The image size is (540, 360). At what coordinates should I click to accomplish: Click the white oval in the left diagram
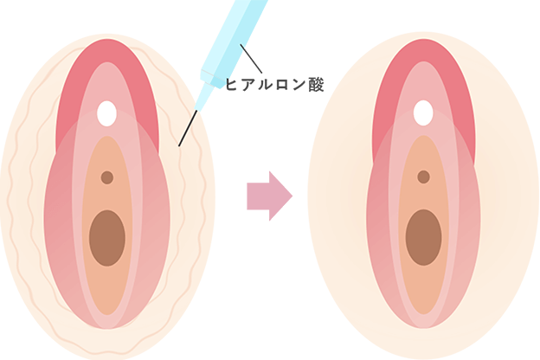pos(107,112)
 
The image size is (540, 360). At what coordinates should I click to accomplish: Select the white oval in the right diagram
pos(423,112)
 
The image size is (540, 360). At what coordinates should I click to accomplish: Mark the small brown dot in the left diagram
pos(107,177)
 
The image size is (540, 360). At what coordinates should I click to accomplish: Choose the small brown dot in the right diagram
pos(423,177)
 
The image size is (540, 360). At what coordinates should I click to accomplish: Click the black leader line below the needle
pos(184,131)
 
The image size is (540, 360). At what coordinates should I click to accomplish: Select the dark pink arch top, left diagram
pos(107,54)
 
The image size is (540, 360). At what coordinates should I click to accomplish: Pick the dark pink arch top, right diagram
pos(423,54)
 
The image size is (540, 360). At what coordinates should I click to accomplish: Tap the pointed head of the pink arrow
pos(287,196)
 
